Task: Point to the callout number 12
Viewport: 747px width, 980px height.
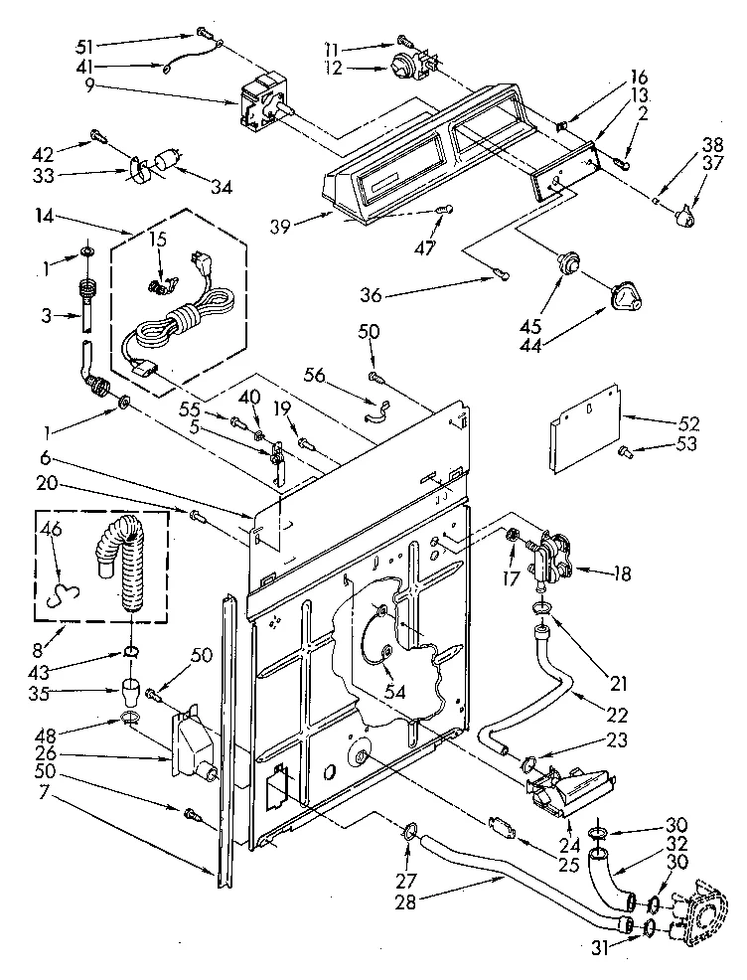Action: tap(331, 69)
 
